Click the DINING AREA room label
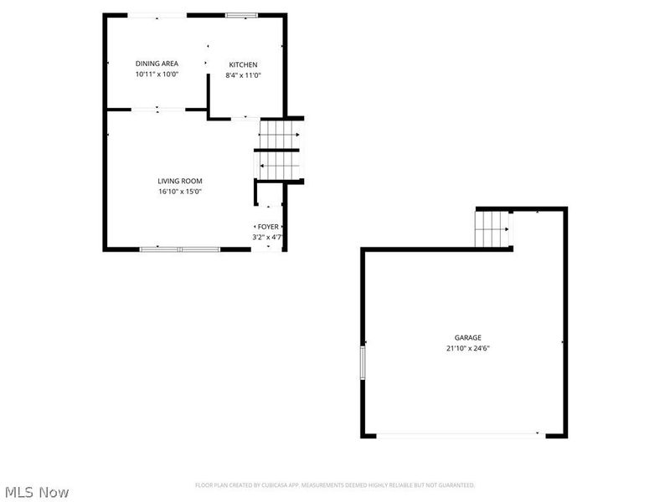[x=157, y=64]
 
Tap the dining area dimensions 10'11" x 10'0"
[x=157, y=74]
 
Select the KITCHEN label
[x=244, y=64]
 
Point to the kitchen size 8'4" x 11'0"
[x=244, y=75]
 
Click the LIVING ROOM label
[x=180, y=181]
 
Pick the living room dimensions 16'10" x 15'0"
[x=180, y=192]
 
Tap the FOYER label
[x=268, y=227]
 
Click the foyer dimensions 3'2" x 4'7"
[x=268, y=238]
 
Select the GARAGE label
[x=467, y=338]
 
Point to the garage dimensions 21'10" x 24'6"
[x=467, y=348]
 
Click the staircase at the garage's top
[x=492, y=228]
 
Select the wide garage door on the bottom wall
[x=458, y=434]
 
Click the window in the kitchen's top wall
[x=242, y=15]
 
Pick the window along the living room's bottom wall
[x=179, y=248]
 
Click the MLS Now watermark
[x=37, y=492]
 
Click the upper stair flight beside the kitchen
[x=279, y=133]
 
